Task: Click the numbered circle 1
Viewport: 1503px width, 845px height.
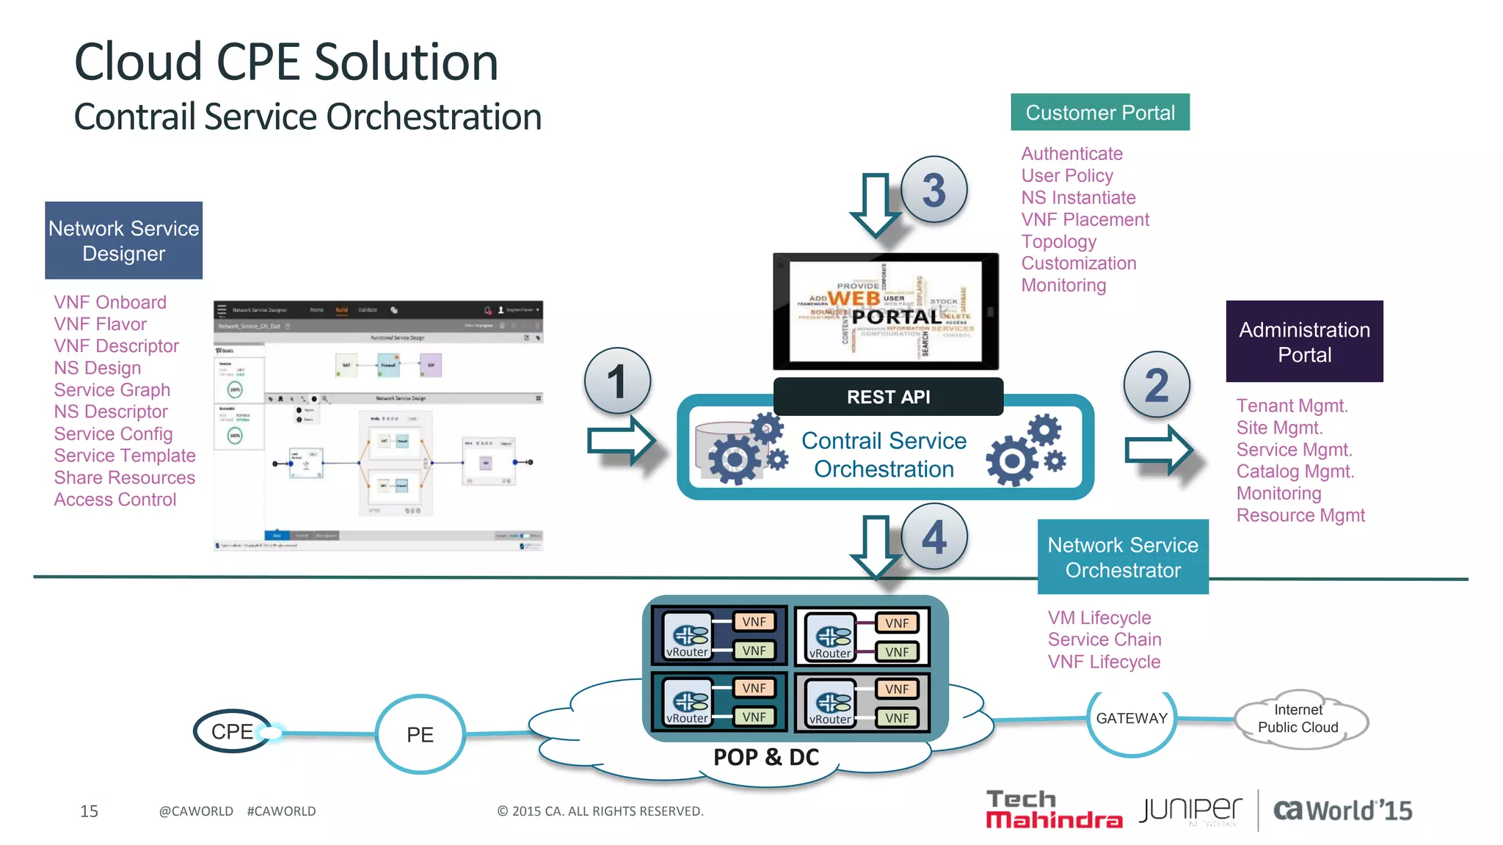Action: coord(617,381)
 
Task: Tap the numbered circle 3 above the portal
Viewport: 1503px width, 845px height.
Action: coord(934,190)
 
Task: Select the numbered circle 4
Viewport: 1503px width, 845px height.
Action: coord(934,537)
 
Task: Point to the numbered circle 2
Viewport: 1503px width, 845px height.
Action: coord(1157,385)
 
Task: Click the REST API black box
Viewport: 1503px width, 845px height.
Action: coord(888,397)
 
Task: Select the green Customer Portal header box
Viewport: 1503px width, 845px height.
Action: coord(1099,112)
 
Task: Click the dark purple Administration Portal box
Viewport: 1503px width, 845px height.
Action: coord(1304,342)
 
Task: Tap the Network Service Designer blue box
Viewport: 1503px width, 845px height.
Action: coord(123,241)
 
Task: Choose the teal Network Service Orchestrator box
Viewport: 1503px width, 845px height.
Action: coord(1122,557)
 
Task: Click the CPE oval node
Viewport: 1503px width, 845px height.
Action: coord(233,731)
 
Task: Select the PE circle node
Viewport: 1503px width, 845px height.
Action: coord(420,734)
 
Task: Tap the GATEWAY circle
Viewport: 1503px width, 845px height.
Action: coord(1131,719)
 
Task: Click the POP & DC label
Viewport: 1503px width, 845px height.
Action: coord(766,757)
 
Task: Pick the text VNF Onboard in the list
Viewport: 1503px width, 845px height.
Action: coord(110,302)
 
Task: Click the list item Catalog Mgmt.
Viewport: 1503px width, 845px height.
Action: coord(1295,472)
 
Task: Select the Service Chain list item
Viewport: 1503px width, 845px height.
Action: coord(1104,640)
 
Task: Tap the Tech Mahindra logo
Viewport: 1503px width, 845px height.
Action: coord(1054,810)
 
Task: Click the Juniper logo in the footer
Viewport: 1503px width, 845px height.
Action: coord(1190,810)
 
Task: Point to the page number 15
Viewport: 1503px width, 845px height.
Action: coord(89,811)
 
